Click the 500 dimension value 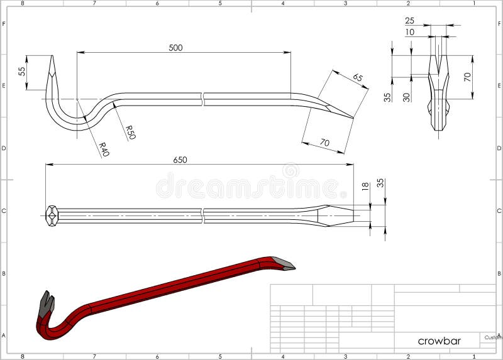(176, 48)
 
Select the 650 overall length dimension (180, 160)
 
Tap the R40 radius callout (103, 150)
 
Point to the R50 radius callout (130, 132)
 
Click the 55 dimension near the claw (23, 72)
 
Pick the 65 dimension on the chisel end (358, 78)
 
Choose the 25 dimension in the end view (410, 21)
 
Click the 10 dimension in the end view (410, 32)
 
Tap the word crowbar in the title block (439, 341)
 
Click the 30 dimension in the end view (406, 97)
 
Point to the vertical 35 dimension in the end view (388, 97)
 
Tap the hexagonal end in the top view (52, 215)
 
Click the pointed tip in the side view (352, 117)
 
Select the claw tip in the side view (51, 58)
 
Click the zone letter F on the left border (4, 24)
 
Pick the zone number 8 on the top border (22, 3)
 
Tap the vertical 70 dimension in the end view (467, 77)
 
